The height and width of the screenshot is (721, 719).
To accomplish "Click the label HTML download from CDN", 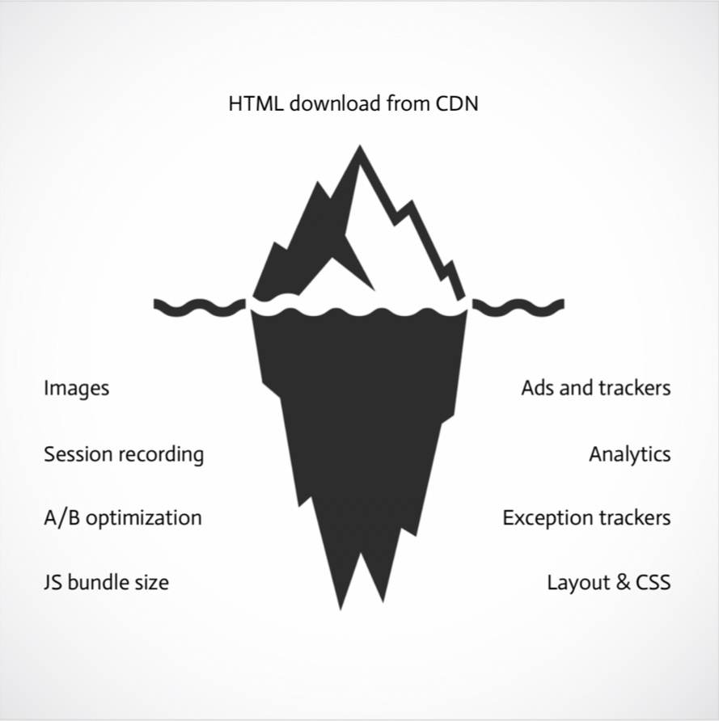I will pos(353,104).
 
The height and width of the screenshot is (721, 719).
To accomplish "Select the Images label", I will pos(76,389).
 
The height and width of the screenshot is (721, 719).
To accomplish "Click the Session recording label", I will pos(124,454).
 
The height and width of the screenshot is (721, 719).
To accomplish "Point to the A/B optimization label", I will pos(122,518).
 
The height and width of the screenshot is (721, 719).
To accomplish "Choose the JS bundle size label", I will pos(106,582).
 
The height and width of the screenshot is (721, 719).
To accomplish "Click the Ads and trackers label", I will pos(595,388).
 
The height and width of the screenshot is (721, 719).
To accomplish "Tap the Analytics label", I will pos(629,454).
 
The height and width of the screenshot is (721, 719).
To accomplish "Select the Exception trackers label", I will pos(586,518).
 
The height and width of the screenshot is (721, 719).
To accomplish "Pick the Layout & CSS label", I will pos(608,582).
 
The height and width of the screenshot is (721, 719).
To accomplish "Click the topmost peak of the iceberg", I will pos(359,150).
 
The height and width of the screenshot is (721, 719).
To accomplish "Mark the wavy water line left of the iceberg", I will pos(199,306).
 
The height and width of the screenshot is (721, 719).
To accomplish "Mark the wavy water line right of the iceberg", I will pos(518,306).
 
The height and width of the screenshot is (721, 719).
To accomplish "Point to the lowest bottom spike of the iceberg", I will pos(341,605).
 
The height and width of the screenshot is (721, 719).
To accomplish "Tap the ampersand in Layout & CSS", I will pos(622,582).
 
